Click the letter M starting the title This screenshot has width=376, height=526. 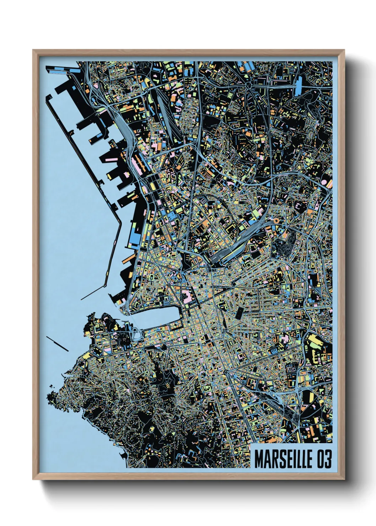[259, 459]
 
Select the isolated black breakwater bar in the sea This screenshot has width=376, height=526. [57, 343]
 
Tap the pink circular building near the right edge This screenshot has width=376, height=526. [324, 182]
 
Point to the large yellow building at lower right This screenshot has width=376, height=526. [314, 340]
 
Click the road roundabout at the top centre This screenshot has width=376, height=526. [249, 85]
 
